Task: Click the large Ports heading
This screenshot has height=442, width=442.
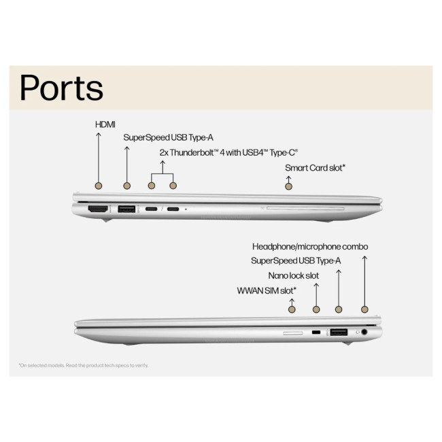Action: [x=61, y=88]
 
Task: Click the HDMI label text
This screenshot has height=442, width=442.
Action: [x=105, y=124]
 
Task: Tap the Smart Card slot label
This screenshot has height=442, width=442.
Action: [x=315, y=167]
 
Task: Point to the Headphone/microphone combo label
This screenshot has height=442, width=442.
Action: [x=311, y=246]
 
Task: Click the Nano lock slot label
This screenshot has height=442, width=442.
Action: [x=293, y=275]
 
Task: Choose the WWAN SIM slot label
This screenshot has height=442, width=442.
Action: [x=266, y=290]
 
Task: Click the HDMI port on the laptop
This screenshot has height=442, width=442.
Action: [x=99, y=209]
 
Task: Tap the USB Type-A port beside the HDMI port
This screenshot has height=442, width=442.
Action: [x=126, y=209]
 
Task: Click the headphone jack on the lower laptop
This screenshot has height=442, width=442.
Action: [x=364, y=333]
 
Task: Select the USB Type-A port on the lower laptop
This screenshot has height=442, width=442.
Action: [x=339, y=333]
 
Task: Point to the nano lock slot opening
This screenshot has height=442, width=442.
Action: [x=316, y=333]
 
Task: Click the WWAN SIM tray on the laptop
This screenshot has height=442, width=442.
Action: [x=293, y=333]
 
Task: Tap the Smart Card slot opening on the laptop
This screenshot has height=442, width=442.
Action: [x=306, y=208]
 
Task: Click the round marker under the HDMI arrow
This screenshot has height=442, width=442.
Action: [x=99, y=185]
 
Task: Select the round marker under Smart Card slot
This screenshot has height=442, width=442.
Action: [x=288, y=185]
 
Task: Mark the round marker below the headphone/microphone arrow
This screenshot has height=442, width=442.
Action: [x=364, y=309]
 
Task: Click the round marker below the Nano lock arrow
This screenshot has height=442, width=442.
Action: [x=316, y=309]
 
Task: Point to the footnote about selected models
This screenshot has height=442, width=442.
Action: [x=83, y=365]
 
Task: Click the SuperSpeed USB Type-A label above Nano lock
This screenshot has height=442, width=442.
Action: [x=296, y=260]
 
